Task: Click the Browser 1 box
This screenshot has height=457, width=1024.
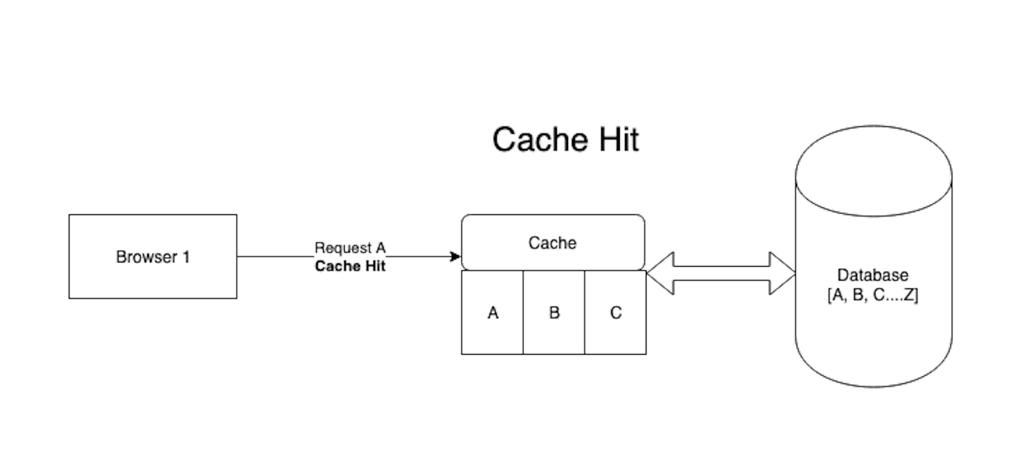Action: (x=153, y=277)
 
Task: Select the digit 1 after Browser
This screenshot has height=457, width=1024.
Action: (x=186, y=257)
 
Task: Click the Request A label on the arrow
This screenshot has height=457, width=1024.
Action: (x=350, y=248)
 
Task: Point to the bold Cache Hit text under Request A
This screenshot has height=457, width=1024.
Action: (x=350, y=266)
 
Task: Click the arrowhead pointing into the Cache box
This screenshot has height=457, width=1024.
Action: (x=455, y=257)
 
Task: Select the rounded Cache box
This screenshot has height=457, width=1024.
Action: (x=553, y=243)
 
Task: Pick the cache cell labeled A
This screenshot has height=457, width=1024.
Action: (x=492, y=312)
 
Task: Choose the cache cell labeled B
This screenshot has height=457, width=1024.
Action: (x=554, y=312)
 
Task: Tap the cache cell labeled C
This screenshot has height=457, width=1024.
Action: (x=615, y=312)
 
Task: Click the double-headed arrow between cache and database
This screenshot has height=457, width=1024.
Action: (x=721, y=273)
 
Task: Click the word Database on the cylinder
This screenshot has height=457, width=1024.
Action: (x=873, y=275)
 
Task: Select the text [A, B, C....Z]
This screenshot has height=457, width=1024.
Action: (x=873, y=295)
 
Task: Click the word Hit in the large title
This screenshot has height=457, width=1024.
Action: (x=619, y=140)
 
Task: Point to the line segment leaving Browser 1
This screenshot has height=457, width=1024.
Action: (x=275, y=257)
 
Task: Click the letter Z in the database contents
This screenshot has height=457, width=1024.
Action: (x=908, y=295)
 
